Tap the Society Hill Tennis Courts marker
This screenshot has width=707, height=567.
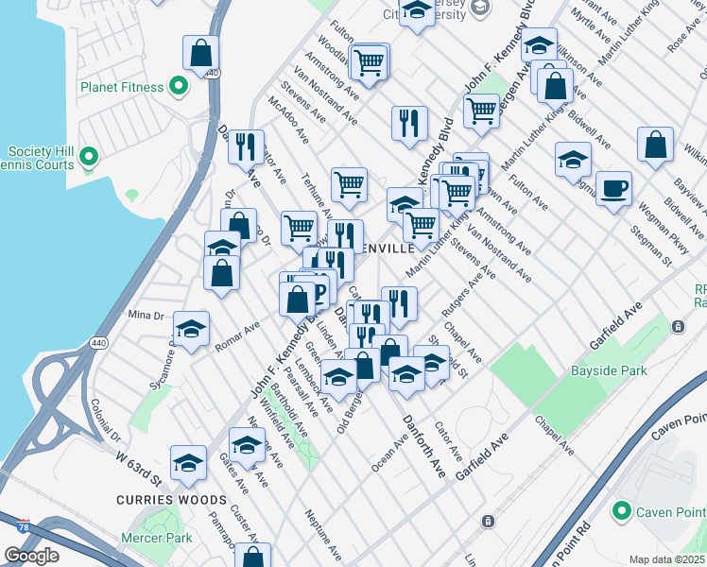coord(89,156)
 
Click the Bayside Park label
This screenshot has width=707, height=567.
coord(610,370)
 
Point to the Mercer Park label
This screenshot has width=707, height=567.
coord(156,539)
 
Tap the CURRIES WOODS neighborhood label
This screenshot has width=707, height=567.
coord(172,499)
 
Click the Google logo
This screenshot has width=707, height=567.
coord(31,556)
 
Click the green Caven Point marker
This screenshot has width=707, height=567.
coord(621,511)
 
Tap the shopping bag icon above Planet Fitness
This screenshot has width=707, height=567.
coord(201,53)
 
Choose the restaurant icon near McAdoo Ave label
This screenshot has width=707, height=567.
coord(246,146)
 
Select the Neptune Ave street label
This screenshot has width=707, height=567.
coord(322,532)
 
